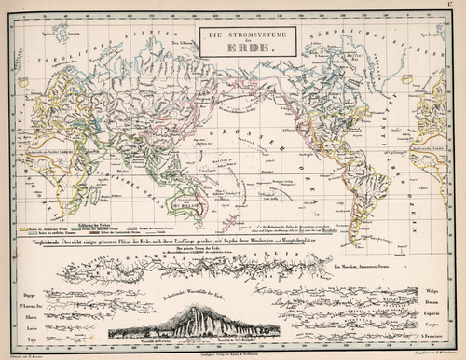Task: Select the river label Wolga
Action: [x=432, y=276]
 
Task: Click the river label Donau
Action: [x=432, y=290]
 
